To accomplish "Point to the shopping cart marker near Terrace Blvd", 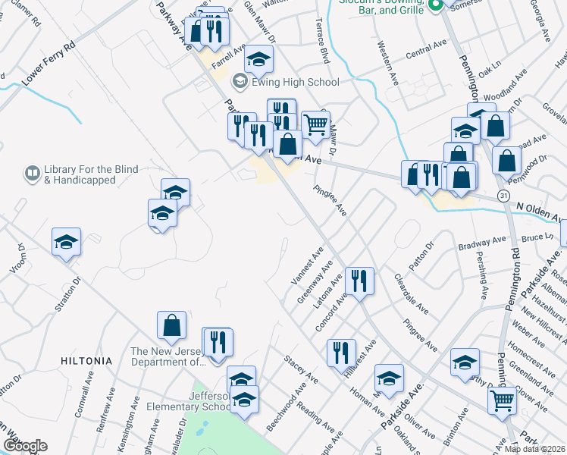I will (x=315, y=124).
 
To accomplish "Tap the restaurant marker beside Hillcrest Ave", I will (x=341, y=352).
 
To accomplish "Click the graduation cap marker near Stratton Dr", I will (x=66, y=242).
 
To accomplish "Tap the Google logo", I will (x=25, y=446).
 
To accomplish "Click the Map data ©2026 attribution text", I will (x=535, y=449).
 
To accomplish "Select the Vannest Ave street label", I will (x=307, y=265).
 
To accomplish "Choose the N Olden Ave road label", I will (x=540, y=212).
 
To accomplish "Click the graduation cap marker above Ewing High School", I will (x=259, y=59).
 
